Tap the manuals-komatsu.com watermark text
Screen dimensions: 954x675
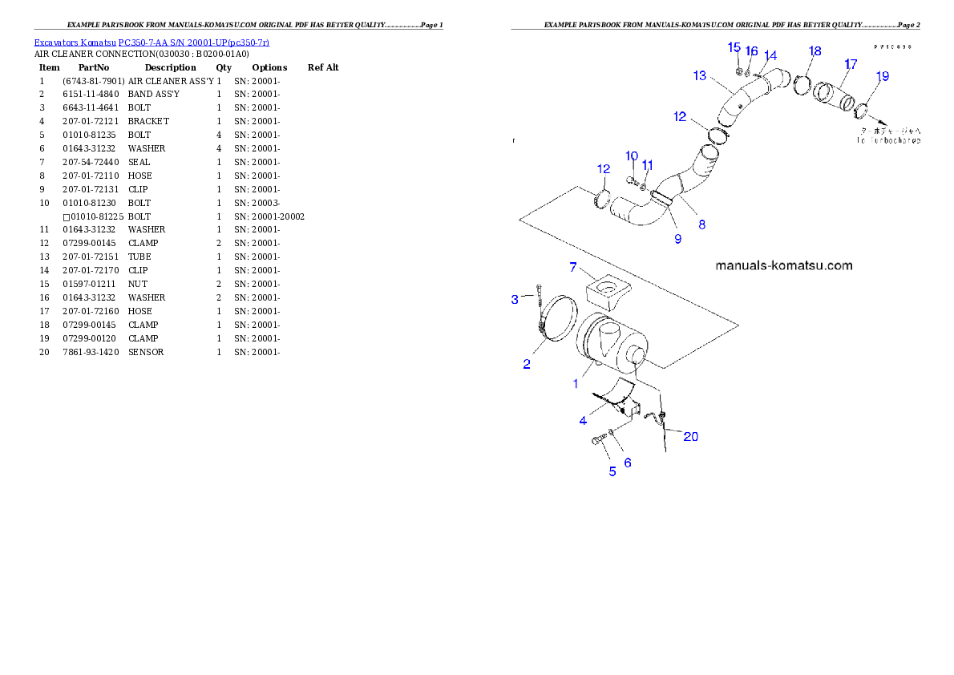tap(783, 265)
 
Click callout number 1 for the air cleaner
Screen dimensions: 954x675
tap(575, 384)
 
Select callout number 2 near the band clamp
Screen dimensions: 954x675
tap(527, 364)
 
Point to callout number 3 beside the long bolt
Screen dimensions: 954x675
tap(515, 301)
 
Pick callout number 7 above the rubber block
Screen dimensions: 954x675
tap(573, 267)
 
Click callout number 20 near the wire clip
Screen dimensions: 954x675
tap(689, 436)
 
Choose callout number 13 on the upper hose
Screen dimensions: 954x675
tap(700, 75)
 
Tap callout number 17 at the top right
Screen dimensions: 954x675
tap(851, 63)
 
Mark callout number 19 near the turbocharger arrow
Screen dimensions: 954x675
tap(882, 77)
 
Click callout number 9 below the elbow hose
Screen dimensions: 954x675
tap(677, 238)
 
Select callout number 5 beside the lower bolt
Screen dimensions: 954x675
tap(612, 471)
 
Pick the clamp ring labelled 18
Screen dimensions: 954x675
tap(802, 84)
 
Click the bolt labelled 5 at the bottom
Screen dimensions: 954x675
tap(600, 440)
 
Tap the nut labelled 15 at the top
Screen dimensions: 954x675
tap(738, 70)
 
